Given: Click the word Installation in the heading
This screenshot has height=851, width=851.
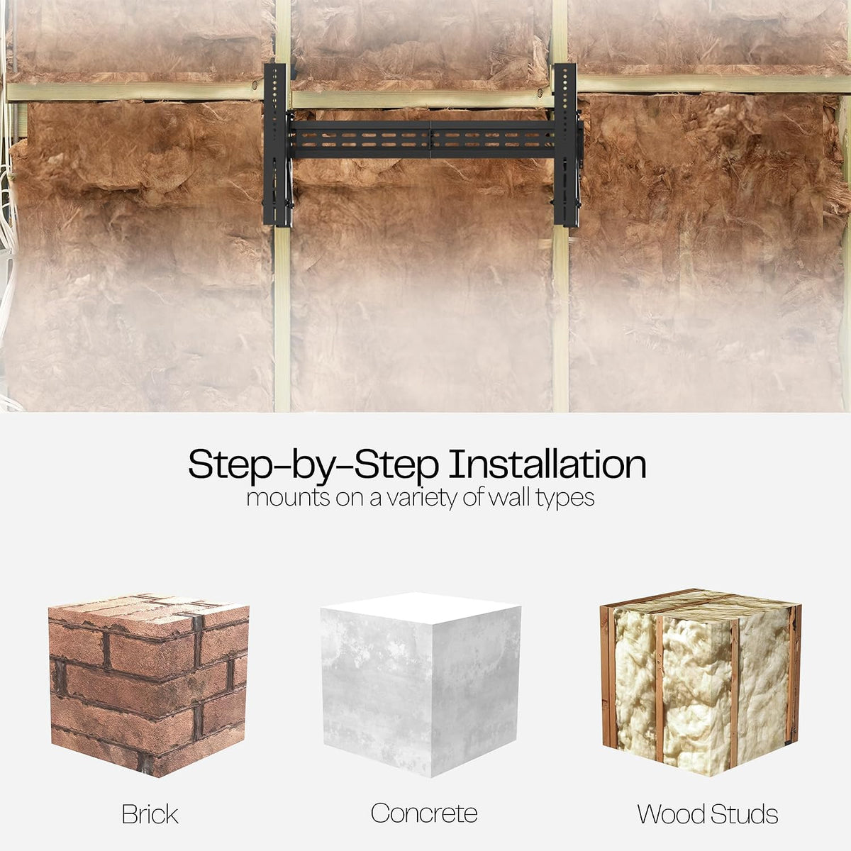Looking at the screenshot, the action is click(547, 464).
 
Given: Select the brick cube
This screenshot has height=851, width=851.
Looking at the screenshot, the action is click(149, 685).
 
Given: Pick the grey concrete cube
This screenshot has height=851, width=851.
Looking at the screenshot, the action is click(421, 685).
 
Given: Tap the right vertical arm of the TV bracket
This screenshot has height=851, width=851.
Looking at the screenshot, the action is click(566, 145).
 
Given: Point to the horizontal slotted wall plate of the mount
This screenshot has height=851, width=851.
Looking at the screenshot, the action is click(422, 140).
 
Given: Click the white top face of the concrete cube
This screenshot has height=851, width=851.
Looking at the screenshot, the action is click(421, 608).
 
